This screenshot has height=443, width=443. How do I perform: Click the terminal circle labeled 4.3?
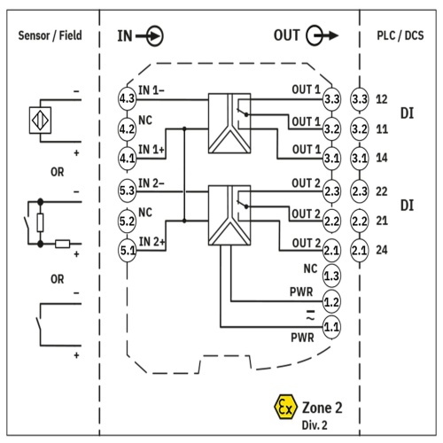127,98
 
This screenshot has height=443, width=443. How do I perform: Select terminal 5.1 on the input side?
127,251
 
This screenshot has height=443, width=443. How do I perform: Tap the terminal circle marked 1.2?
331,302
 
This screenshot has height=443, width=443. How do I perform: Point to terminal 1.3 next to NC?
331,276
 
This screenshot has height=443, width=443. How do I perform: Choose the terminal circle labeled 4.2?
127,128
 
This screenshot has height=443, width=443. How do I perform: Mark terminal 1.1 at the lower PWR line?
331,327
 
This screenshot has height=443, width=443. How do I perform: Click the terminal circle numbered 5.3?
127,190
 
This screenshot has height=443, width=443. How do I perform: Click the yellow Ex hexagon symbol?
285,407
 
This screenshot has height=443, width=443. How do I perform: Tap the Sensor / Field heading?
50,35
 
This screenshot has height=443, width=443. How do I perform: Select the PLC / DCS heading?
400,35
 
